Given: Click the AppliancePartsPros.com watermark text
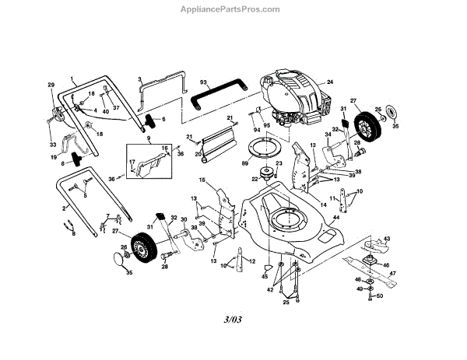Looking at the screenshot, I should [x=233, y=9].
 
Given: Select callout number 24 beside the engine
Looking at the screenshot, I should [x=329, y=82].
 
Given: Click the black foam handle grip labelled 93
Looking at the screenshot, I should [x=218, y=93].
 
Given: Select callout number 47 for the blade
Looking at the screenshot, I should [x=393, y=273].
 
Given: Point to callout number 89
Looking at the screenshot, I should [x=244, y=164].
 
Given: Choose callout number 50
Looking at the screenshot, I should [x=380, y=296].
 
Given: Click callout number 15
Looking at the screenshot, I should [x=201, y=180].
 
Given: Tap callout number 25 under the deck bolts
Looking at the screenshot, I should [x=286, y=302].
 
